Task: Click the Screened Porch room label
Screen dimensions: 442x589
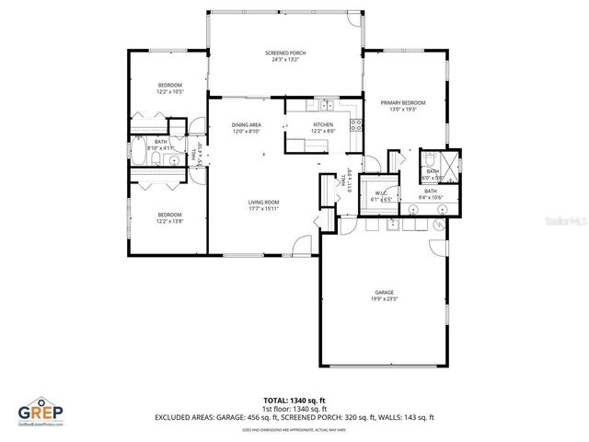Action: point(284,53)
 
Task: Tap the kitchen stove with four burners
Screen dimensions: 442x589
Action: point(356,127)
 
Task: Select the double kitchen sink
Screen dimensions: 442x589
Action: point(326,104)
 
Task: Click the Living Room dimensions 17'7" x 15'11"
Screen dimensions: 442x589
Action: point(263,208)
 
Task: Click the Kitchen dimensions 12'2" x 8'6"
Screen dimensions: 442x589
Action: point(323,131)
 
